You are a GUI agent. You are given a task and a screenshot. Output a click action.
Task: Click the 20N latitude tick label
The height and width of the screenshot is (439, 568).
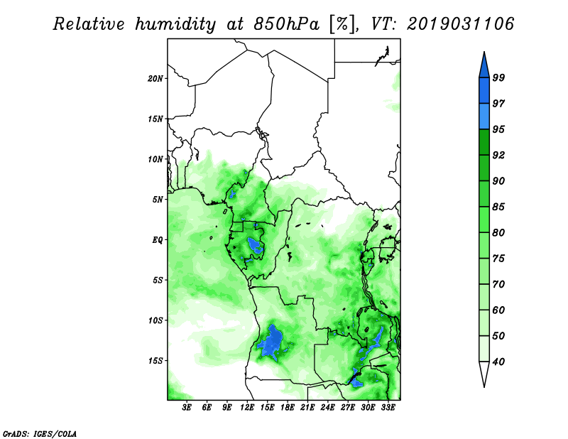click(x=155, y=79)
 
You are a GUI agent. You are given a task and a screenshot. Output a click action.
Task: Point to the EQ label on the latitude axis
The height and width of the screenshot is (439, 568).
click(x=157, y=240)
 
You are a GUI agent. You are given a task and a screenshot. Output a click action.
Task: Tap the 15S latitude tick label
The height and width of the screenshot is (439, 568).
click(x=155, y=361)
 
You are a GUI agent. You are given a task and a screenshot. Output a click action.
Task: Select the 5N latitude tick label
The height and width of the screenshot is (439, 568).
click(x=158, y=200)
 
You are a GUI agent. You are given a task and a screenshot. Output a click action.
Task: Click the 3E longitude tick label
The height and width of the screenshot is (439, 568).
click(x=187, y=408)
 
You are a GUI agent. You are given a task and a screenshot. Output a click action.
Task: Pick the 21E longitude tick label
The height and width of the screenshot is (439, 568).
click(x=307, y=408)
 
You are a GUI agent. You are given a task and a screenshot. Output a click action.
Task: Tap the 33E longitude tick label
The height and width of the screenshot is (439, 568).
click(x=388, y=408)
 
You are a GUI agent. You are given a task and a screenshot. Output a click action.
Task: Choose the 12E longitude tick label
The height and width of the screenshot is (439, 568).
click(x=247, y=408)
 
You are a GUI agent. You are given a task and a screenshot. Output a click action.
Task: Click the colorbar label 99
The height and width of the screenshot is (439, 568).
click(x=498, y=77)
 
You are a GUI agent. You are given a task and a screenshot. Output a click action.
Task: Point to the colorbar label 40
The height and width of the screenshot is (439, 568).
click(x=498, y=362)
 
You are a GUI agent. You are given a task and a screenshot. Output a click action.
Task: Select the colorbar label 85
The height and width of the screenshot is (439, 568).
click(x=498, y=207)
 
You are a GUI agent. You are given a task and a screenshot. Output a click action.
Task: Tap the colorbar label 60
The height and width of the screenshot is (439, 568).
click(x=498, y=310)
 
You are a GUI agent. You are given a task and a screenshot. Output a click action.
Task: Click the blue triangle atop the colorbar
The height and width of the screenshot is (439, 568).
click(x=484, y=67)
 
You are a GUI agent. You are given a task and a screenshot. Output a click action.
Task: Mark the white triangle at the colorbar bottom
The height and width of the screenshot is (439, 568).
click(x=484, y=372)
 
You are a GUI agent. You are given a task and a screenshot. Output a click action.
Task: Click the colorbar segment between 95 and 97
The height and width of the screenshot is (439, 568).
click(x=484, y=116)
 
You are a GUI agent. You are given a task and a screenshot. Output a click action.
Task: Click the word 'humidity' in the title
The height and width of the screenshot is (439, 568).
click(x=175, y=24)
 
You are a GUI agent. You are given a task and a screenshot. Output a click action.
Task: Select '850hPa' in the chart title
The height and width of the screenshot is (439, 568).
click(x=287, y=24)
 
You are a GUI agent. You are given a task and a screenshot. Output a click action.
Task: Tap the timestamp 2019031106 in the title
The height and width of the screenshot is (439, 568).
click(x=460, y=24)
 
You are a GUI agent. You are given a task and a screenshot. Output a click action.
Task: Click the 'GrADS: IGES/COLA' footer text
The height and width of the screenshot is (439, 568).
click(x=40, y=433)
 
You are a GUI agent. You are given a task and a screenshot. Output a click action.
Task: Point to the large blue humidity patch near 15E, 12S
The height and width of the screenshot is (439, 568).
click(x=273, y=342)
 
